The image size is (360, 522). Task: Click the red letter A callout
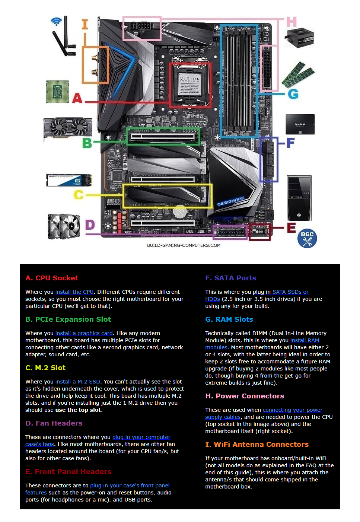(x=77, y=98)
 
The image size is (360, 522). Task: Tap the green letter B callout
(x=87, y=143)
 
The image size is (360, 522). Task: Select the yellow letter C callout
(x=79, y=194)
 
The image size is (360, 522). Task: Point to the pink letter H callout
(x=291, y=22)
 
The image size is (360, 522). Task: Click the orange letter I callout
(x=85, y=25)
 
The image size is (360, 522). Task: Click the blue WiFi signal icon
(x=56, y=21)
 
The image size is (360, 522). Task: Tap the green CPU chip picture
(x=57, y=92)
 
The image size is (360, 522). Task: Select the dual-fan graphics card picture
(x=68, y=128)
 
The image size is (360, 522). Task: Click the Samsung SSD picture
(x=300, y=124)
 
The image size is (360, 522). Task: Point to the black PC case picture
(x=299, y=198)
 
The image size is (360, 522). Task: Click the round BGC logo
(x=307, y=238)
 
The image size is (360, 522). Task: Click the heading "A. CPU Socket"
(x=52, y=278)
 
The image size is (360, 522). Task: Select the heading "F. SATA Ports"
(x=230, y=278)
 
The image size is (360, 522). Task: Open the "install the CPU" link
(x=74, y=292)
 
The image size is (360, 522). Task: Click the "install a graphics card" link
(x=84, y=333)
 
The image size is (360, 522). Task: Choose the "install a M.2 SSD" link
(x=77, y=382)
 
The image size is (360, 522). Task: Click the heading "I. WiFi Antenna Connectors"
(x=257, y=445)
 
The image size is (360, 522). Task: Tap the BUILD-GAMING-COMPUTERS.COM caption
(x=184, y=245)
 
